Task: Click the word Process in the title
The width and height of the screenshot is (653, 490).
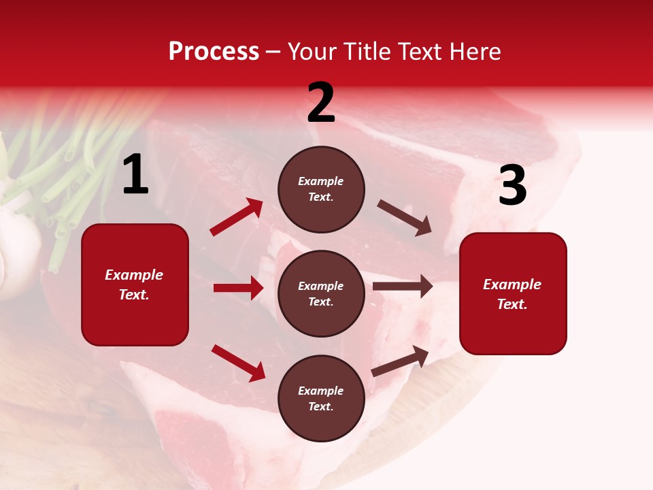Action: (x=214, y=51)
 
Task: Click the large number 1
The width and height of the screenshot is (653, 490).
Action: (x=135, y=175)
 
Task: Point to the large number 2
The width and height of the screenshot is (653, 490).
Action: (x=321, y=103)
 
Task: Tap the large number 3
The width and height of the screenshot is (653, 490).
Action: (x=512, y=185)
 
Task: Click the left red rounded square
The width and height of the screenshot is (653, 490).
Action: (x=135, y=284)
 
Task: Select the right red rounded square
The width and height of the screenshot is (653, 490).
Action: (x=513, y=293)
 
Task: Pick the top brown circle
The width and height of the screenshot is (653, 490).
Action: (x=321, y=189)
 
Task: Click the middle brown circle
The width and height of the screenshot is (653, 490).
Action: (x=321, y=293)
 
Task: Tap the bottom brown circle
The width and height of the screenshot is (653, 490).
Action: (x=321, y=398)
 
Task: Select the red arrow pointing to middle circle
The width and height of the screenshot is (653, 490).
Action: (x=238, y=288)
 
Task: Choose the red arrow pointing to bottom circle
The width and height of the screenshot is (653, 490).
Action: (x=238, y=363)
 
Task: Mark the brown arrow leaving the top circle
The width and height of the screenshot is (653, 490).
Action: (x=405, y=218)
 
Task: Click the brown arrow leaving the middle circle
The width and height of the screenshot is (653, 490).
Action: (x=403, y=287)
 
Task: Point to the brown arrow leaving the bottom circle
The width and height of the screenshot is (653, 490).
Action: (x=400, y=361)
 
